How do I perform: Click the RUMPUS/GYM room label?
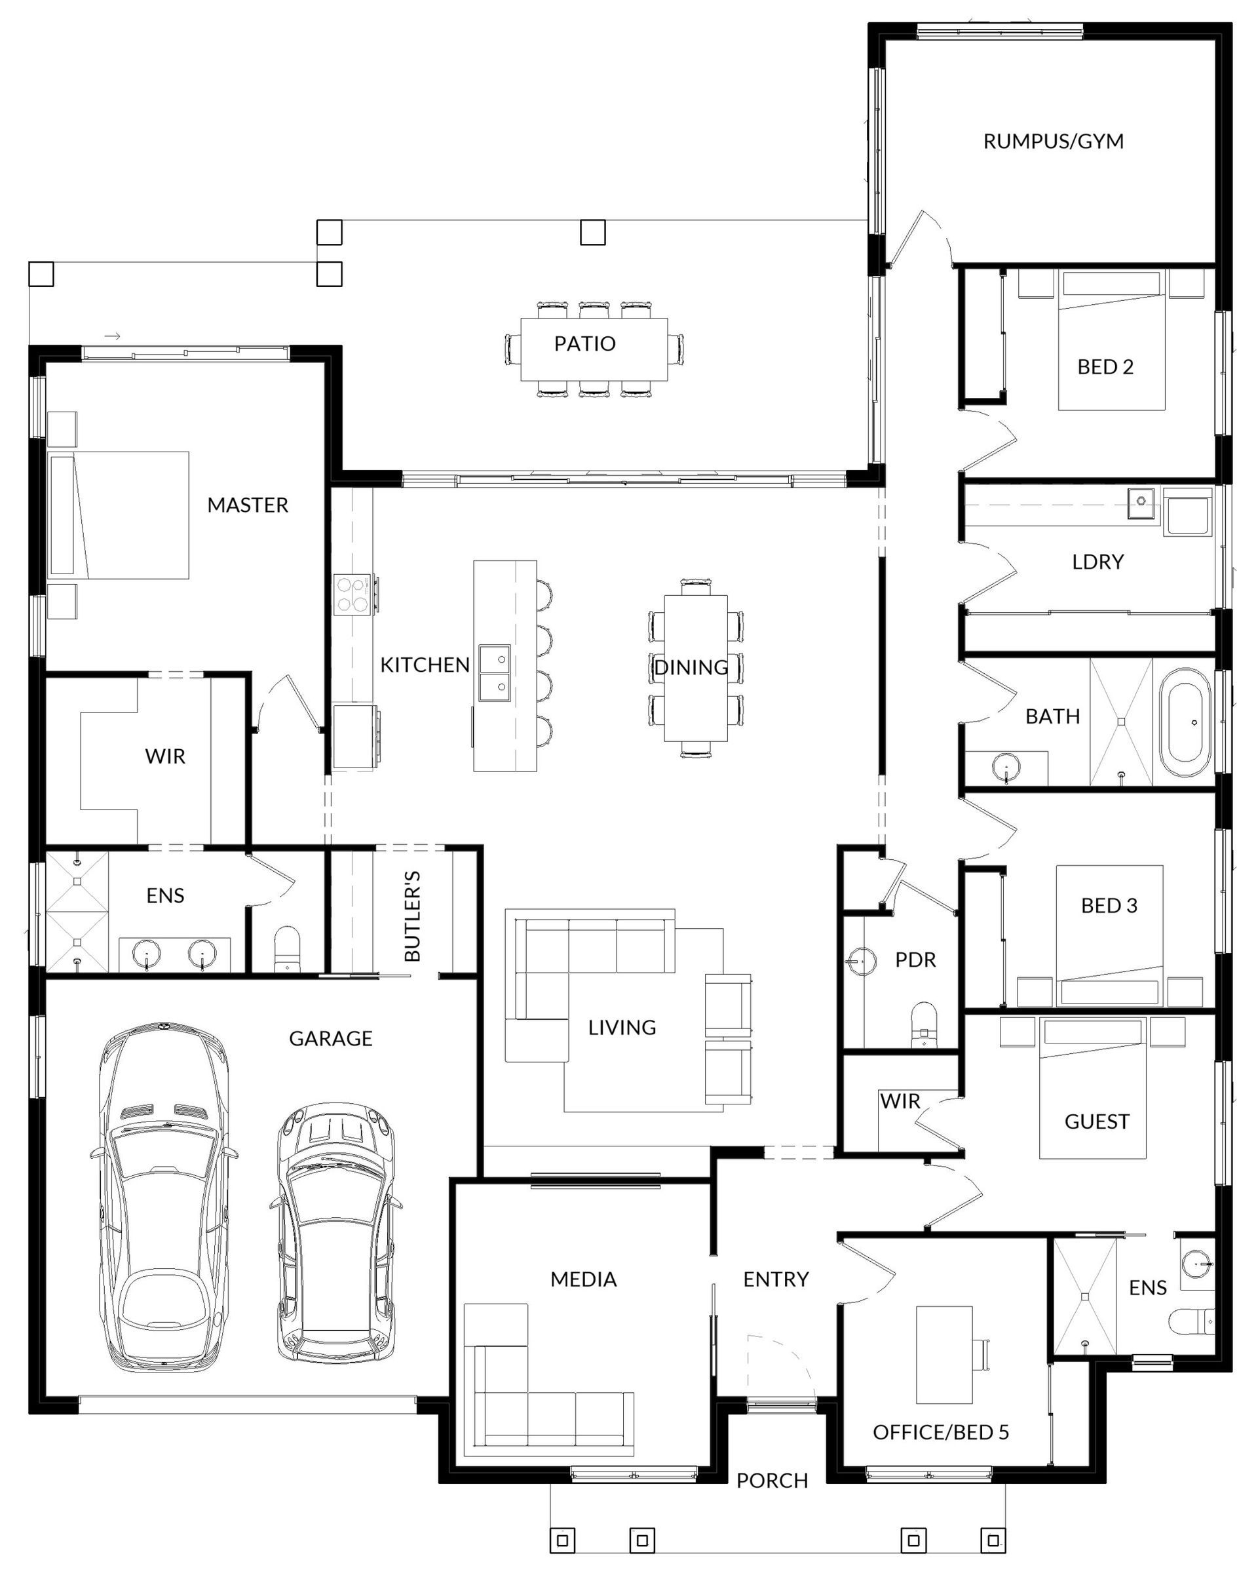1052,141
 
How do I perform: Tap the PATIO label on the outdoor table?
584,343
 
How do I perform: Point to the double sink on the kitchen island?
495,673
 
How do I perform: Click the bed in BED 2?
1111,341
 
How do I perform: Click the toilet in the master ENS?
287,950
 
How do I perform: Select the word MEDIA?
584,1279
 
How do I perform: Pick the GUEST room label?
1096,1121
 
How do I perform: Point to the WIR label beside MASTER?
164,756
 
